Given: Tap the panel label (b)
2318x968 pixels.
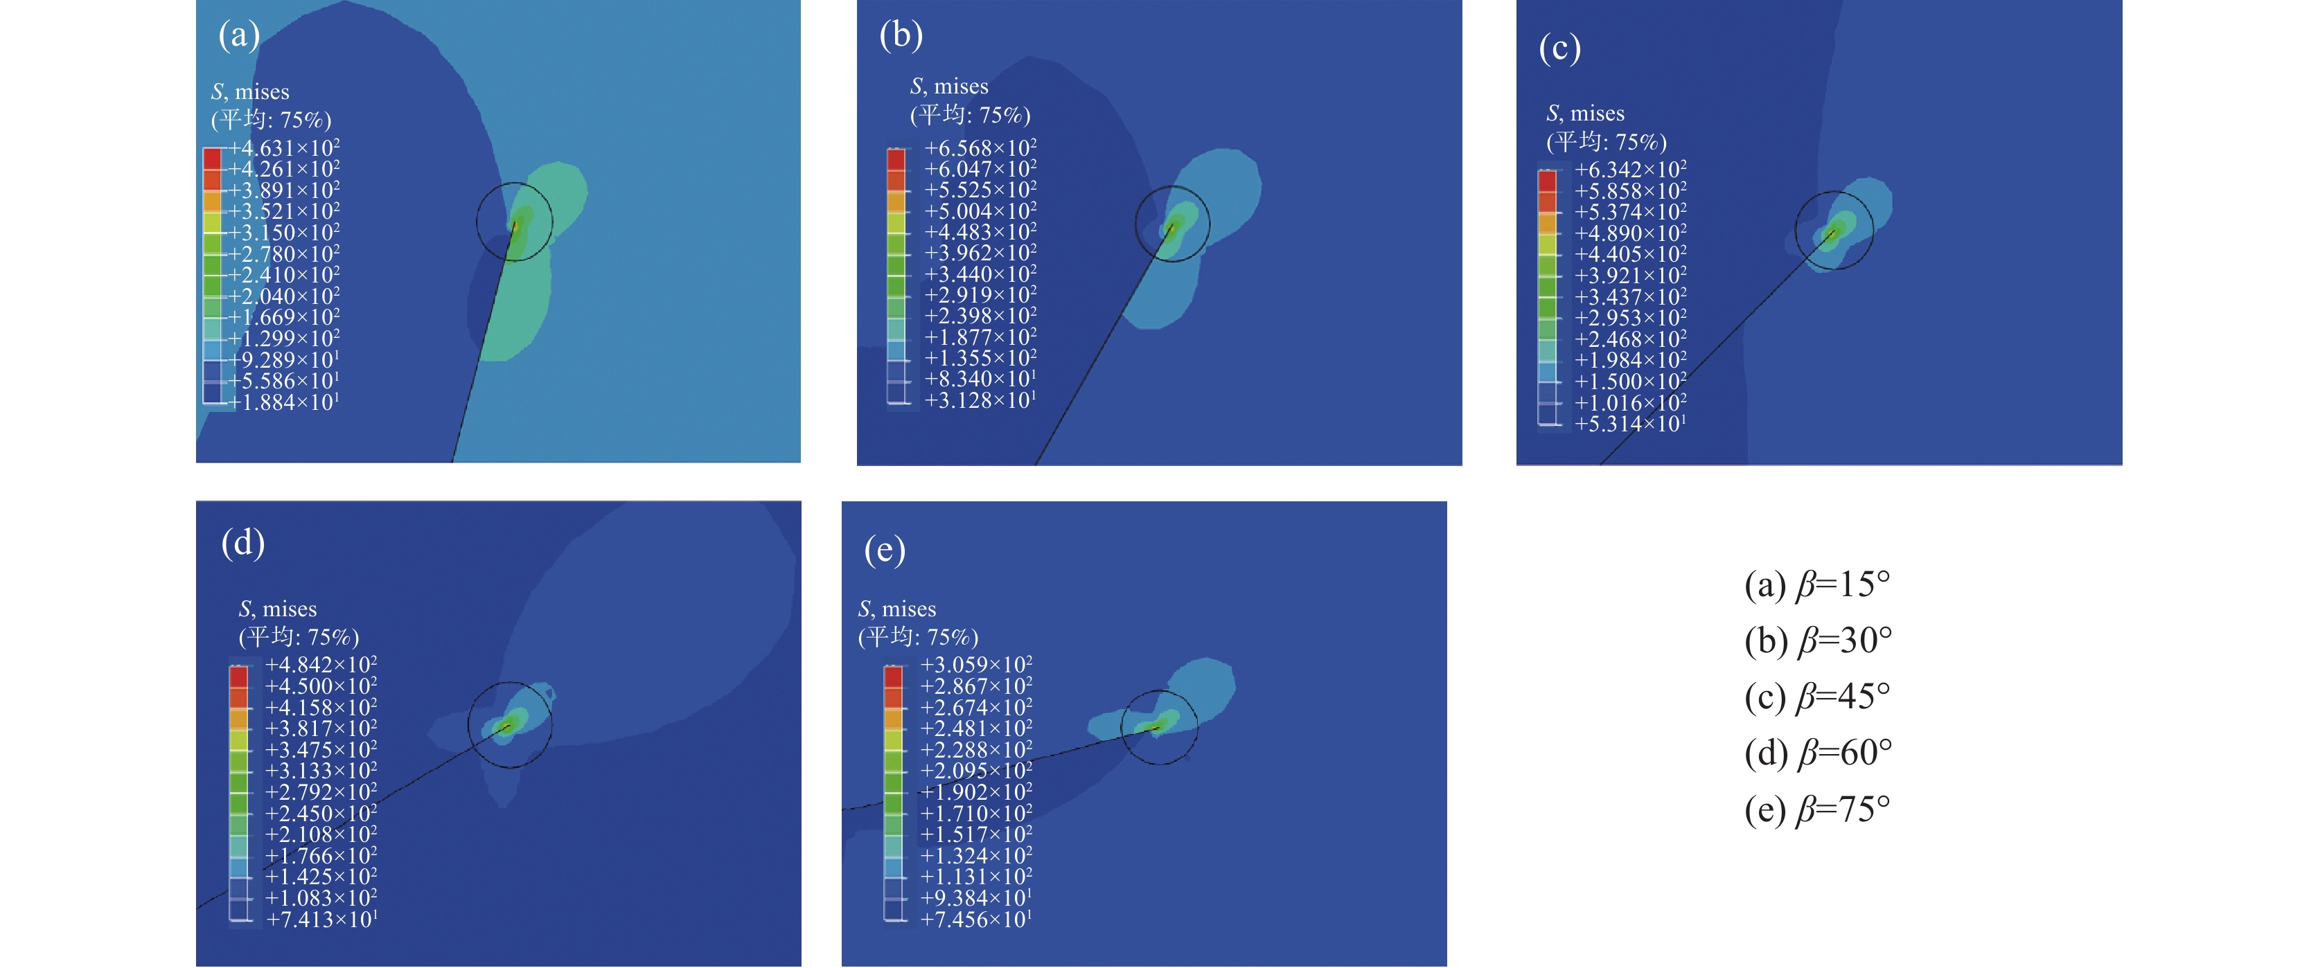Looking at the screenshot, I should click(x=901, y=36).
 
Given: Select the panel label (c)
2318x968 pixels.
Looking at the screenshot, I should click(x=1559, y=48).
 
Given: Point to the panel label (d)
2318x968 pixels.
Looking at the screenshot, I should click(x=243, y=544).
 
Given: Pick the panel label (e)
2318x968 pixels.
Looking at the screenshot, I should click(x=885, y=550).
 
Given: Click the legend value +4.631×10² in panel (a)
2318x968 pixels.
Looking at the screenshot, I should click(x=283, y=147).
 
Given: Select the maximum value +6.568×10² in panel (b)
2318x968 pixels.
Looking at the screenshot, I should click(x=980, y=147).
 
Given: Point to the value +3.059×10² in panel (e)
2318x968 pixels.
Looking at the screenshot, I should click(x=975, y=665).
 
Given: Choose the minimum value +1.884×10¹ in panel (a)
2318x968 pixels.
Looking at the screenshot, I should click(x=283, y=402).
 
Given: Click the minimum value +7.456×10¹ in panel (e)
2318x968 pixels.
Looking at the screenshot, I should click(x=975, y=920).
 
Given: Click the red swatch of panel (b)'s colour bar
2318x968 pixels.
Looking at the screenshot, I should click(x=896, y=159).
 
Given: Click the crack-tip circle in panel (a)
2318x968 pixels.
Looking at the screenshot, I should click(x=515, y=222).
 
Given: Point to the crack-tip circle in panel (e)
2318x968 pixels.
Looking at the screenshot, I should click(x=1159, y=727).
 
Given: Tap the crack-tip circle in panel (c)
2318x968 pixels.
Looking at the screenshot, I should click(x=1834, y=231).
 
